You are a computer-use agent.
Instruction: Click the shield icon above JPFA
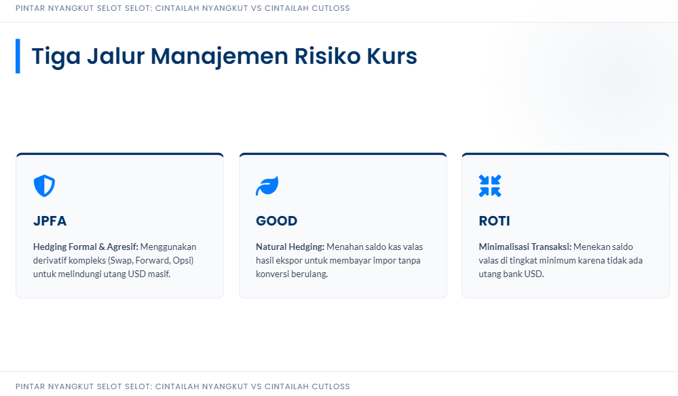45,185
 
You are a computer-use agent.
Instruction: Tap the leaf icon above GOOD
267,185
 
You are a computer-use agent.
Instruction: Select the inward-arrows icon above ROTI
490,185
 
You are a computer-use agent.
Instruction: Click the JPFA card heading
50,221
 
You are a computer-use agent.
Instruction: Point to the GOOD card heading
277,221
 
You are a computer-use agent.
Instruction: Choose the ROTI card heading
494,221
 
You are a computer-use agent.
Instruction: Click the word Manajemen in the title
219,56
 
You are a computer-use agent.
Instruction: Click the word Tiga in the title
56,56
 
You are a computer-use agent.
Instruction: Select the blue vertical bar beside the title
18,56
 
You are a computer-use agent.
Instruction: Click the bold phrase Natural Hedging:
290,247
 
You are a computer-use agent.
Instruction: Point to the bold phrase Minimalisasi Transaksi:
525,247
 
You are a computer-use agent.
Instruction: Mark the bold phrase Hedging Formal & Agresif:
86,247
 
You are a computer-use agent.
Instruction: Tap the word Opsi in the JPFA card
183,261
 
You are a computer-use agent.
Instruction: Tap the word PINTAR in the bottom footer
31,386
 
